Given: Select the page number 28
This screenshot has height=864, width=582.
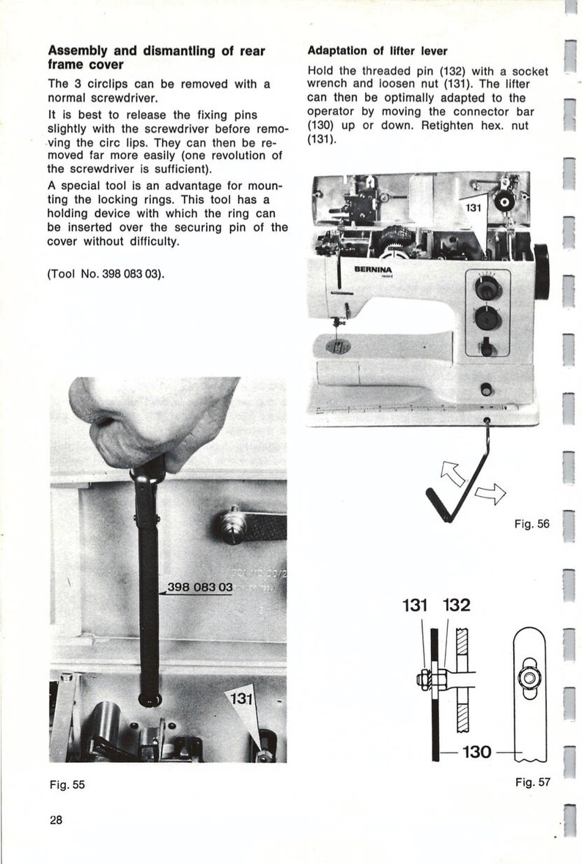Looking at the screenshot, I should [56, 820].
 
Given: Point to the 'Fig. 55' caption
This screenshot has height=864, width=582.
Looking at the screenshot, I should [67, 784].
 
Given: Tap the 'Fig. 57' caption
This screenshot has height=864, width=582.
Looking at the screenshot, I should [532, 782].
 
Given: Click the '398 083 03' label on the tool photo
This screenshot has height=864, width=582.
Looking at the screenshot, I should [199, 588].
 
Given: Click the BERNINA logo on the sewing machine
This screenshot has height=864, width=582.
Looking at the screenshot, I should [373, 270].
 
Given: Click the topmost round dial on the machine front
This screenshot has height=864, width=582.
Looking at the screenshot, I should [485, 288].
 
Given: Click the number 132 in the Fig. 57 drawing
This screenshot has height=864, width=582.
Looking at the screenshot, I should [456, 606].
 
